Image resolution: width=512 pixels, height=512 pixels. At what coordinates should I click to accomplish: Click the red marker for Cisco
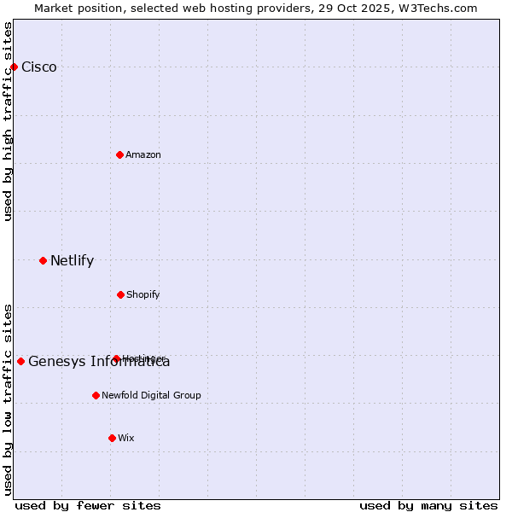tap(14, 67)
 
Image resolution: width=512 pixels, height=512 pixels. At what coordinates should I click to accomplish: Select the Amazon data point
tap(119, 154)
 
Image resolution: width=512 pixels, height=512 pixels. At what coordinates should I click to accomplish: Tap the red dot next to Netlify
tap(43, 260)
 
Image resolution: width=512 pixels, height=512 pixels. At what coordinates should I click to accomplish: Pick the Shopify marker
tap(120, 294)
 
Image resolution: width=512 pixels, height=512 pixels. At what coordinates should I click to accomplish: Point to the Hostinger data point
tap(116, 358)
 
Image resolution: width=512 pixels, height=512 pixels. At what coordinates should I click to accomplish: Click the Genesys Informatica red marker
tap(20, 361)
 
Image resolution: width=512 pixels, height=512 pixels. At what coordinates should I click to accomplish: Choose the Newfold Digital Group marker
tap(96, 395)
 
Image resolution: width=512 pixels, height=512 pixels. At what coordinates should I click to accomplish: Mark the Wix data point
tap(112, 438)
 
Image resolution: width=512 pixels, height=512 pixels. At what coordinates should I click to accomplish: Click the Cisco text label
tap(39, 67)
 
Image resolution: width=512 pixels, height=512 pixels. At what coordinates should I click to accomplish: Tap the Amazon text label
tap(143, 154)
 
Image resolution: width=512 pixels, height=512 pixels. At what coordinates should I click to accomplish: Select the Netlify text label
tap(72, 261)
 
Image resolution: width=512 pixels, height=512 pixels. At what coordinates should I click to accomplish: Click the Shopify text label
tap(143, 294)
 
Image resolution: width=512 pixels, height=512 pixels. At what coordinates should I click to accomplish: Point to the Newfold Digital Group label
tap(151, 395)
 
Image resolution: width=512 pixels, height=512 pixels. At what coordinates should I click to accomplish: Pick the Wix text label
tap(126, 438)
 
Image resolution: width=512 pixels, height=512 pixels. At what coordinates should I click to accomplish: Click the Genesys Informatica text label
tap(99, 362)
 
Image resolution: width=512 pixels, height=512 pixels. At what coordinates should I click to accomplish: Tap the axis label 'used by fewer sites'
tap(88, 505)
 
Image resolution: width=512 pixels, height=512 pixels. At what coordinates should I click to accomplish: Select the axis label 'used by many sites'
tap(428, 505)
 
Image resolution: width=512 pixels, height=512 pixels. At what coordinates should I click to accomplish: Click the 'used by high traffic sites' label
tap(8, 121)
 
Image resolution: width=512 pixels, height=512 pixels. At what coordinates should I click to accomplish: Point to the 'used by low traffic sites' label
tap(8, 399)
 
